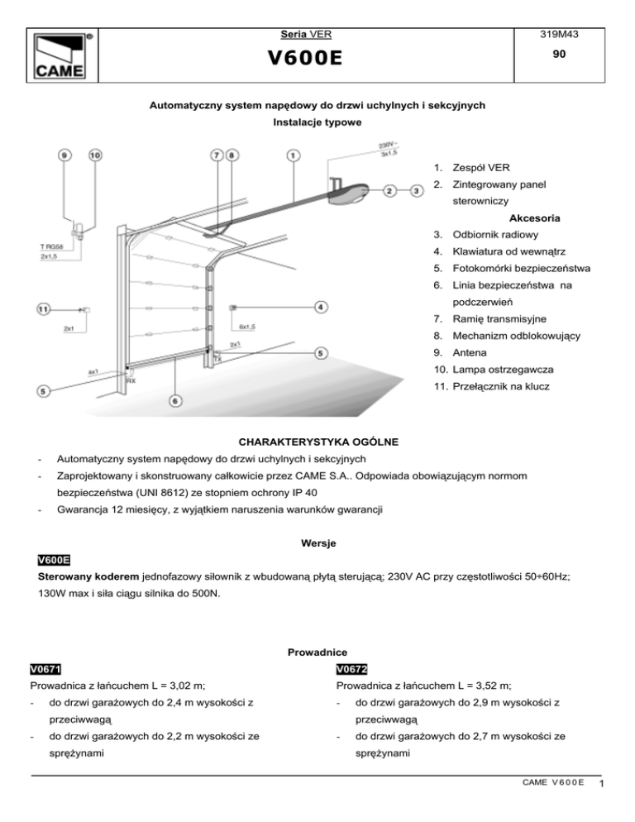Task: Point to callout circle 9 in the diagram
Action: click(64, 155)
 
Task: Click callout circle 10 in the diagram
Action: click(94, 155)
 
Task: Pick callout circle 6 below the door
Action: click(175, 400)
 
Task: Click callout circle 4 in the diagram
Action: click(320, 307)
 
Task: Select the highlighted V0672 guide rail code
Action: click(351, 669)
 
